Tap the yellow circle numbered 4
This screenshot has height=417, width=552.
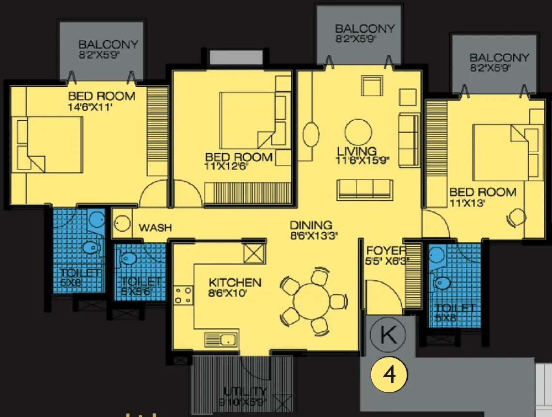coord(389,375)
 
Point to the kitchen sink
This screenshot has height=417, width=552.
coord(221,338)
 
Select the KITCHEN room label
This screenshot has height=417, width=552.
coord(235,282)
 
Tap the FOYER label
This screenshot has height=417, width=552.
coord(386,251)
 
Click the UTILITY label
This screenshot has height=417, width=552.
coord(245,391)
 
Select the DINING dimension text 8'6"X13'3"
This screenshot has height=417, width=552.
coord(314,236)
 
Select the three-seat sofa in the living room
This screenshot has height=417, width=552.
coord(364,189)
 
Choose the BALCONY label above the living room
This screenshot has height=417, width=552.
coord(364,29)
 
